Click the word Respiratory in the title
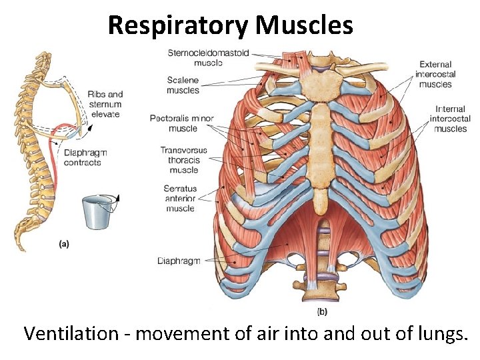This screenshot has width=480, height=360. coord(178,25)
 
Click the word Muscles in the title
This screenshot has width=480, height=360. coord(304,25)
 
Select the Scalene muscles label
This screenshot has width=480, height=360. coord(183,85)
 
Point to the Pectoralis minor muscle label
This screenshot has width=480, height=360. coord(182,123)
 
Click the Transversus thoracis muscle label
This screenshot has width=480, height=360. coord(184,160)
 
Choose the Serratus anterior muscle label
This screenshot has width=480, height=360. coord(180,199)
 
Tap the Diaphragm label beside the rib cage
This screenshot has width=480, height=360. coord(179,261)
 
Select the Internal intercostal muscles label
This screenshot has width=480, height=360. coord(451,119)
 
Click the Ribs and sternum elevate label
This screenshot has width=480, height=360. coord(105,104)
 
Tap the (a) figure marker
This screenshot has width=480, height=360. coord(64,244)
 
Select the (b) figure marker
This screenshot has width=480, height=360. coord(321,311)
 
